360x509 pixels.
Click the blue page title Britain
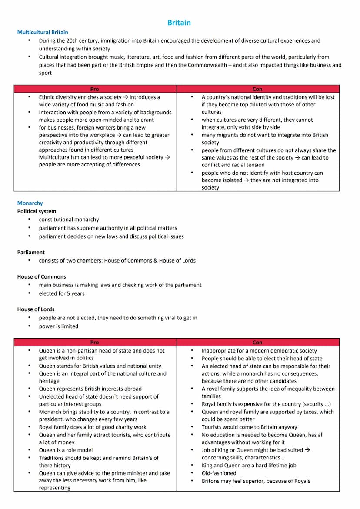coord(179,23)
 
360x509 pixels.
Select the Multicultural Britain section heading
coord(43,32)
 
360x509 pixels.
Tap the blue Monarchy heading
coord(30,203)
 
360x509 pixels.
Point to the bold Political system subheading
coord(37,211)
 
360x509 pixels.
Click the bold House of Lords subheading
coord(36,309)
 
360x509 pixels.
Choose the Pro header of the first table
coord(94,89)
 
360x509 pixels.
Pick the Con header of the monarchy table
coord(257,343)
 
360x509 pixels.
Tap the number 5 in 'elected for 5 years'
coord(69,293)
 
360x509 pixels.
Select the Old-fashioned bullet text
coord(219,473)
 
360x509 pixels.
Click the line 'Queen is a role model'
coord(66,450)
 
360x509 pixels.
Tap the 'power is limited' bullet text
coord(58,326)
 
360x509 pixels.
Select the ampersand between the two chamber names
coord(155,260)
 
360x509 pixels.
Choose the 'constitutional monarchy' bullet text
coord(69,220)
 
